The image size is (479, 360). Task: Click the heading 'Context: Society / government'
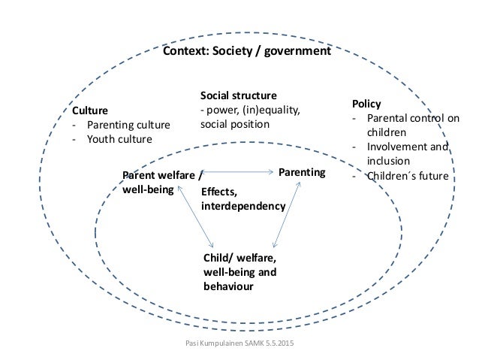click(x=247, y=53)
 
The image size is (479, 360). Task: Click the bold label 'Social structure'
click(x=238, y=96)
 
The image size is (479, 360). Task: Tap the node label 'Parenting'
click(x=302, y=173)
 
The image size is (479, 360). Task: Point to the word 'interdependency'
click(x=243, y=205)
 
